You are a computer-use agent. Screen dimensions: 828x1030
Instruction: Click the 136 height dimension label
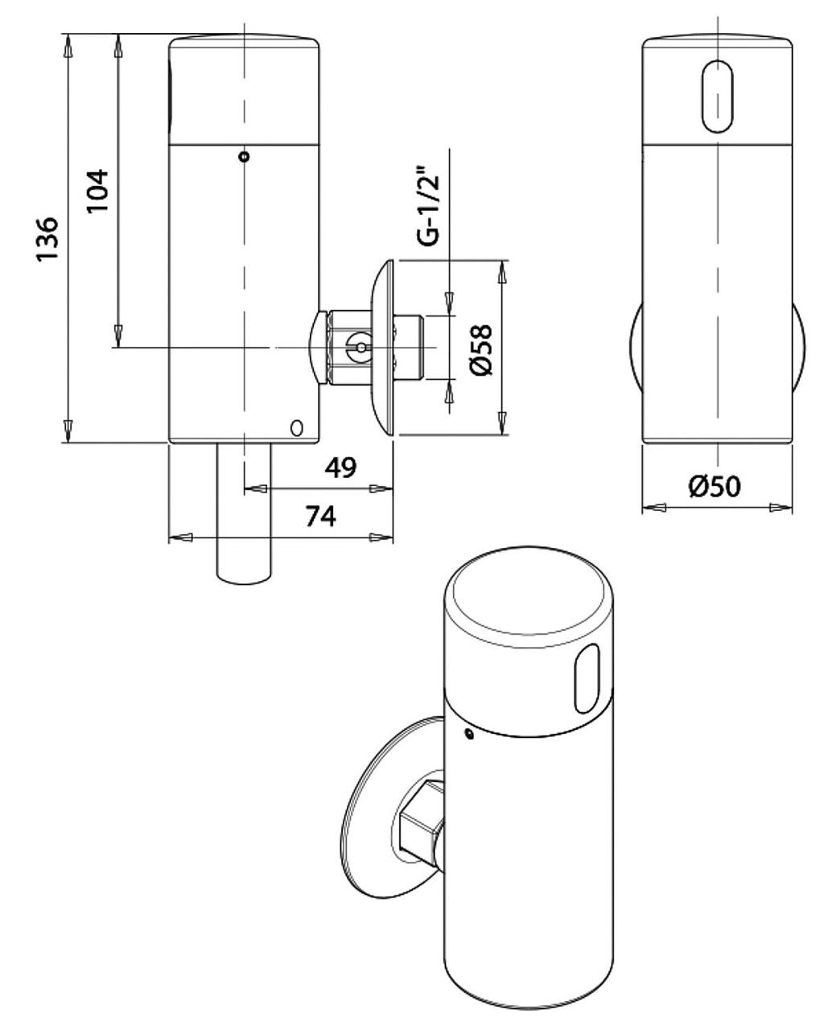[x=47, y=238]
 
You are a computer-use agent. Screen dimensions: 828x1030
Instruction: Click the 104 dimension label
[x=97, y=190]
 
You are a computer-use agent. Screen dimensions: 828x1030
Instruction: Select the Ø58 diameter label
[x=481, y=350]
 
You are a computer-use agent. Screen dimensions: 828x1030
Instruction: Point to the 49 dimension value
[x=340, y=468]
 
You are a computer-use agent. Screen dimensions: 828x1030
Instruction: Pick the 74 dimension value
[x=321, y=517]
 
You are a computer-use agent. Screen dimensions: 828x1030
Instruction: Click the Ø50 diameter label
[x=715, y=486]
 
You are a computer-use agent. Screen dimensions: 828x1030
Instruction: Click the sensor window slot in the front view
[x=718, y=97]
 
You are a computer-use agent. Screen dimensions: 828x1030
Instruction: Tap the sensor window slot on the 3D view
[x=587, y=678]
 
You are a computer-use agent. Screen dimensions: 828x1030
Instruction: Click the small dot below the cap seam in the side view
[x=245, y=156]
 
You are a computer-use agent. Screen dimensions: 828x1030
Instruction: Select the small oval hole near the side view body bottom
[x=297, y=428]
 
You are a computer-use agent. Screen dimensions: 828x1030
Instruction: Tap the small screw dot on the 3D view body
[x=470, y=734]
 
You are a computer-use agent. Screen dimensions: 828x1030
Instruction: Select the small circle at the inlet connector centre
[x=361, y=347]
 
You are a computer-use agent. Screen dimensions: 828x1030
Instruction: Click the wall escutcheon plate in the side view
[x=381, y=348]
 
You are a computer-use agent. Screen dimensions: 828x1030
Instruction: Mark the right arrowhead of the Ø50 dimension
[x=781, y=508]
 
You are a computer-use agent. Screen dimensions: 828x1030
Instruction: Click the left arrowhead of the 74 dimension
[x=181, y=538]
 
